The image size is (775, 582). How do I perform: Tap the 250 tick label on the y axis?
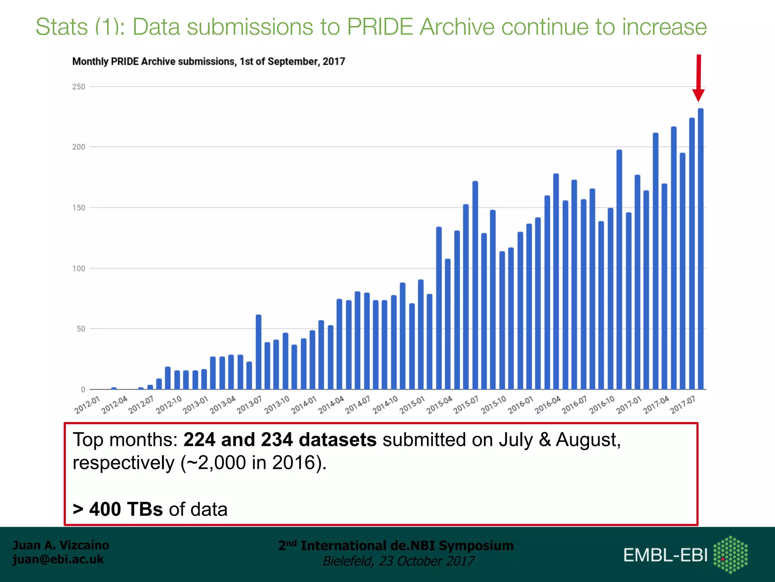79,87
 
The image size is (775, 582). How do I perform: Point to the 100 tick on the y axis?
79,269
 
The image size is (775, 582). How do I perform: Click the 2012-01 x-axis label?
87,405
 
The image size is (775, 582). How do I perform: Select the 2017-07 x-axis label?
683,405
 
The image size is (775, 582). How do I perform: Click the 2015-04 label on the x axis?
439,405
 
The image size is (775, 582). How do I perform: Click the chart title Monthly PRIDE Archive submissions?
209,61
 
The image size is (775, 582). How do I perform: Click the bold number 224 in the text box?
199,440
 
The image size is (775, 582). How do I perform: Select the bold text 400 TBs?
126,509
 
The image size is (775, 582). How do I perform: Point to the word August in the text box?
587,440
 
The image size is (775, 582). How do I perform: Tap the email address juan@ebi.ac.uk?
58,559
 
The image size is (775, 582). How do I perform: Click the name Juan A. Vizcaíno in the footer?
61,545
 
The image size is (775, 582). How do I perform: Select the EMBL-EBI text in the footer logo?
665,555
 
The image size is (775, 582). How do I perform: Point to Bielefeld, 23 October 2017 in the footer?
398,561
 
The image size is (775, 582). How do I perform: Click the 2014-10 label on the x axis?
385,405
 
